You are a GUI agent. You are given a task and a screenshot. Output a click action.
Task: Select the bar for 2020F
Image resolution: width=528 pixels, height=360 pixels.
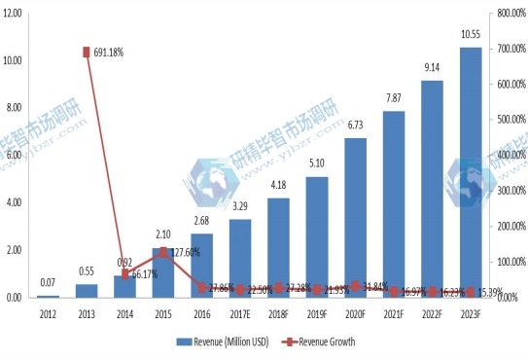355,218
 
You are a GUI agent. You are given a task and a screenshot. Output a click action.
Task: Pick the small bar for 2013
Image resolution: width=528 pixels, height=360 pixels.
87,291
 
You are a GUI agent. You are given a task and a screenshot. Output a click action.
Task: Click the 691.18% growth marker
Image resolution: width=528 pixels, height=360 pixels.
87,53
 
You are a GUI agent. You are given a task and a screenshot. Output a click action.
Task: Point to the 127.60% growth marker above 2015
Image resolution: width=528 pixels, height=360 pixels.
163,252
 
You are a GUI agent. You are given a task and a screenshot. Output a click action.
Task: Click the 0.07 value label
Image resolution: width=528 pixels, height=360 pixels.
48,283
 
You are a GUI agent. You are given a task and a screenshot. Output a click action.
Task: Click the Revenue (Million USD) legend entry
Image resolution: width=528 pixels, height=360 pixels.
223,342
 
